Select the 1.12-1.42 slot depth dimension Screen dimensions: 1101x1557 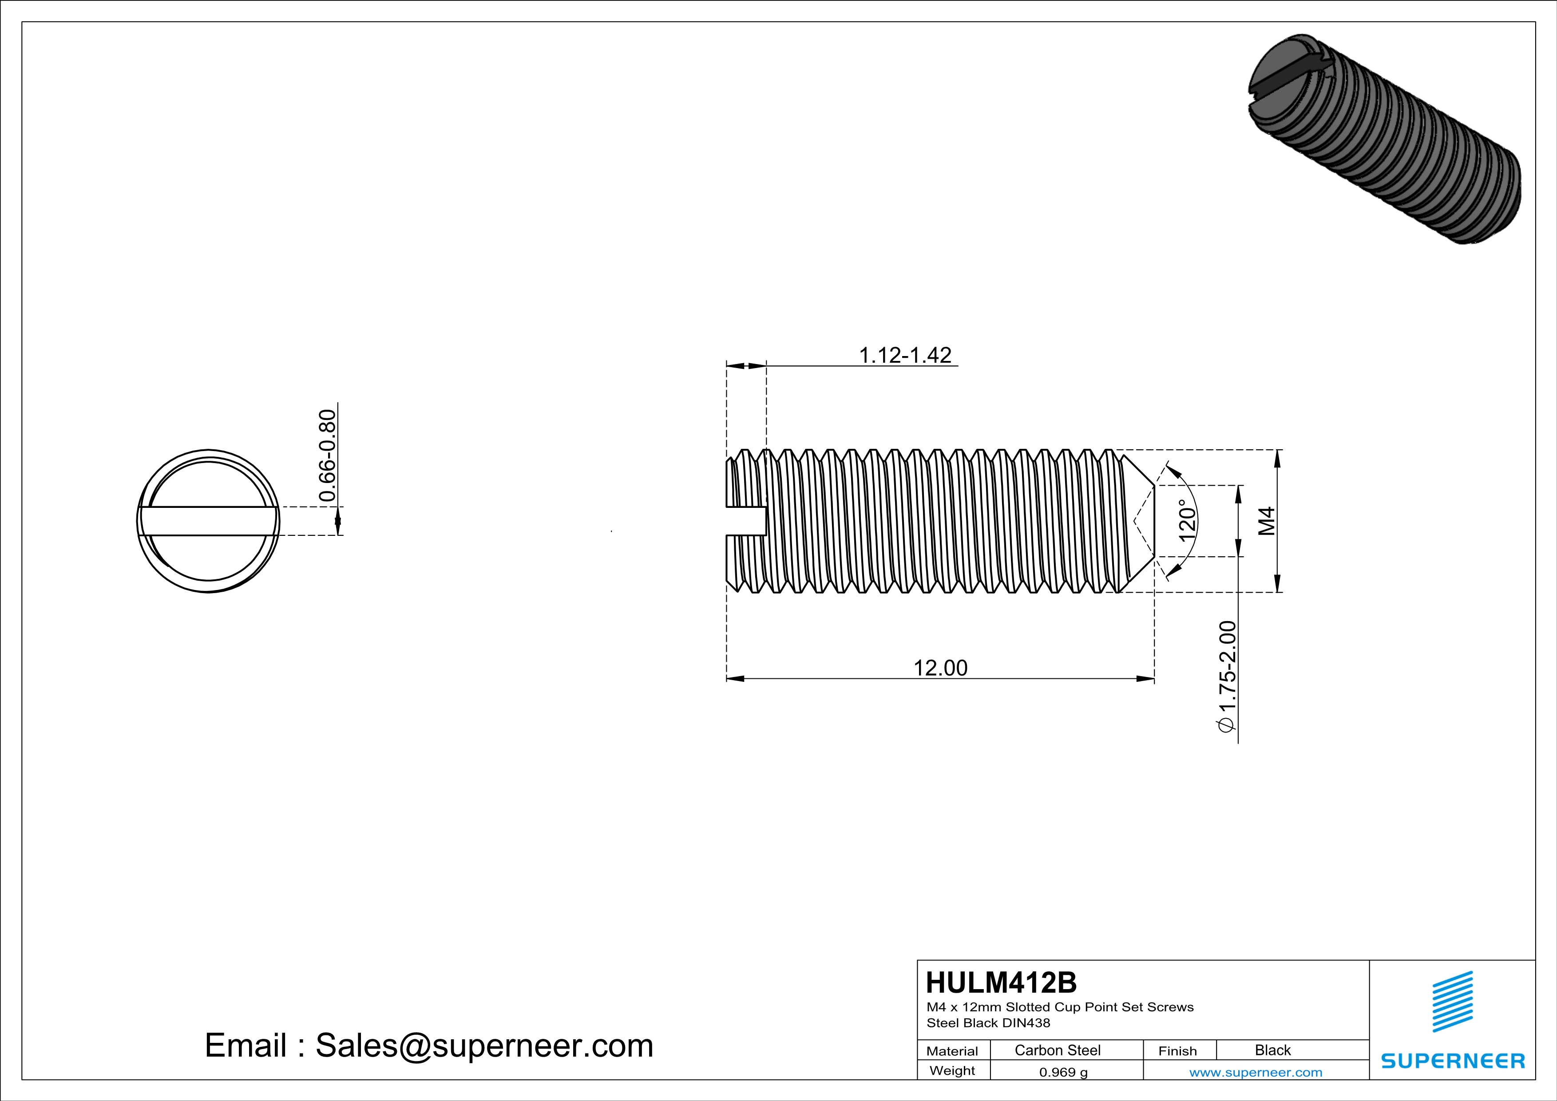pyautogui.click(x=905, y=355)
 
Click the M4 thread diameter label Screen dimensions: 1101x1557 pyautogui.click(x=1267, y=521)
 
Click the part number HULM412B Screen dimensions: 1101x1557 pyautogui.click(x=1001, y=982)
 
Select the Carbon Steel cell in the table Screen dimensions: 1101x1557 pyautogui.click(x=1057, y=1050)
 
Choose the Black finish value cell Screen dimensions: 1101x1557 pyautogui.click(x=1272, y=1050)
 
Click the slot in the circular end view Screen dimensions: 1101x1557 pyautogui.click(x=208, y=521)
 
